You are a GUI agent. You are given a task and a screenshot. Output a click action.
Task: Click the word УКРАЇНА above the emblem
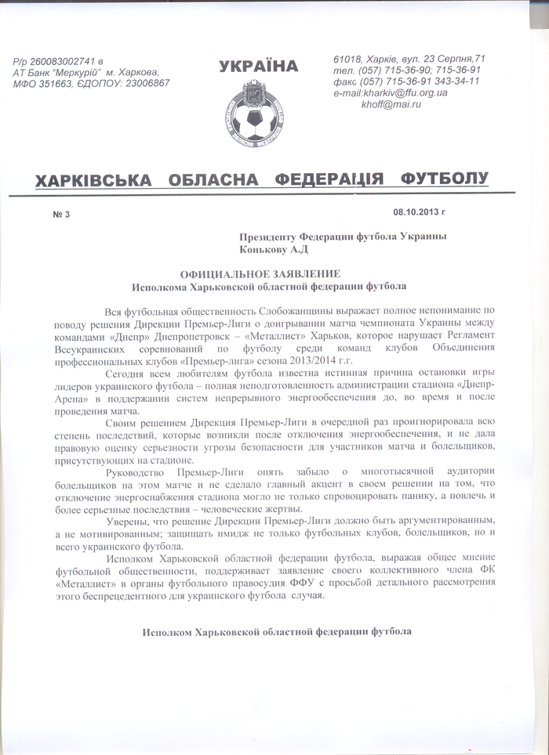point(259,67)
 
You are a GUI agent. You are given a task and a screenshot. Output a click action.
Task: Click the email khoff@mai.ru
point(391,103)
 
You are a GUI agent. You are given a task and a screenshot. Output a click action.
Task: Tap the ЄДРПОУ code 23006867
point(146,82)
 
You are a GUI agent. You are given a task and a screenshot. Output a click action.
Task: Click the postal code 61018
point(347,59)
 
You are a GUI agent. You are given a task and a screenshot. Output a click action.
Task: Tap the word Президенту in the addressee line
point(269,239)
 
